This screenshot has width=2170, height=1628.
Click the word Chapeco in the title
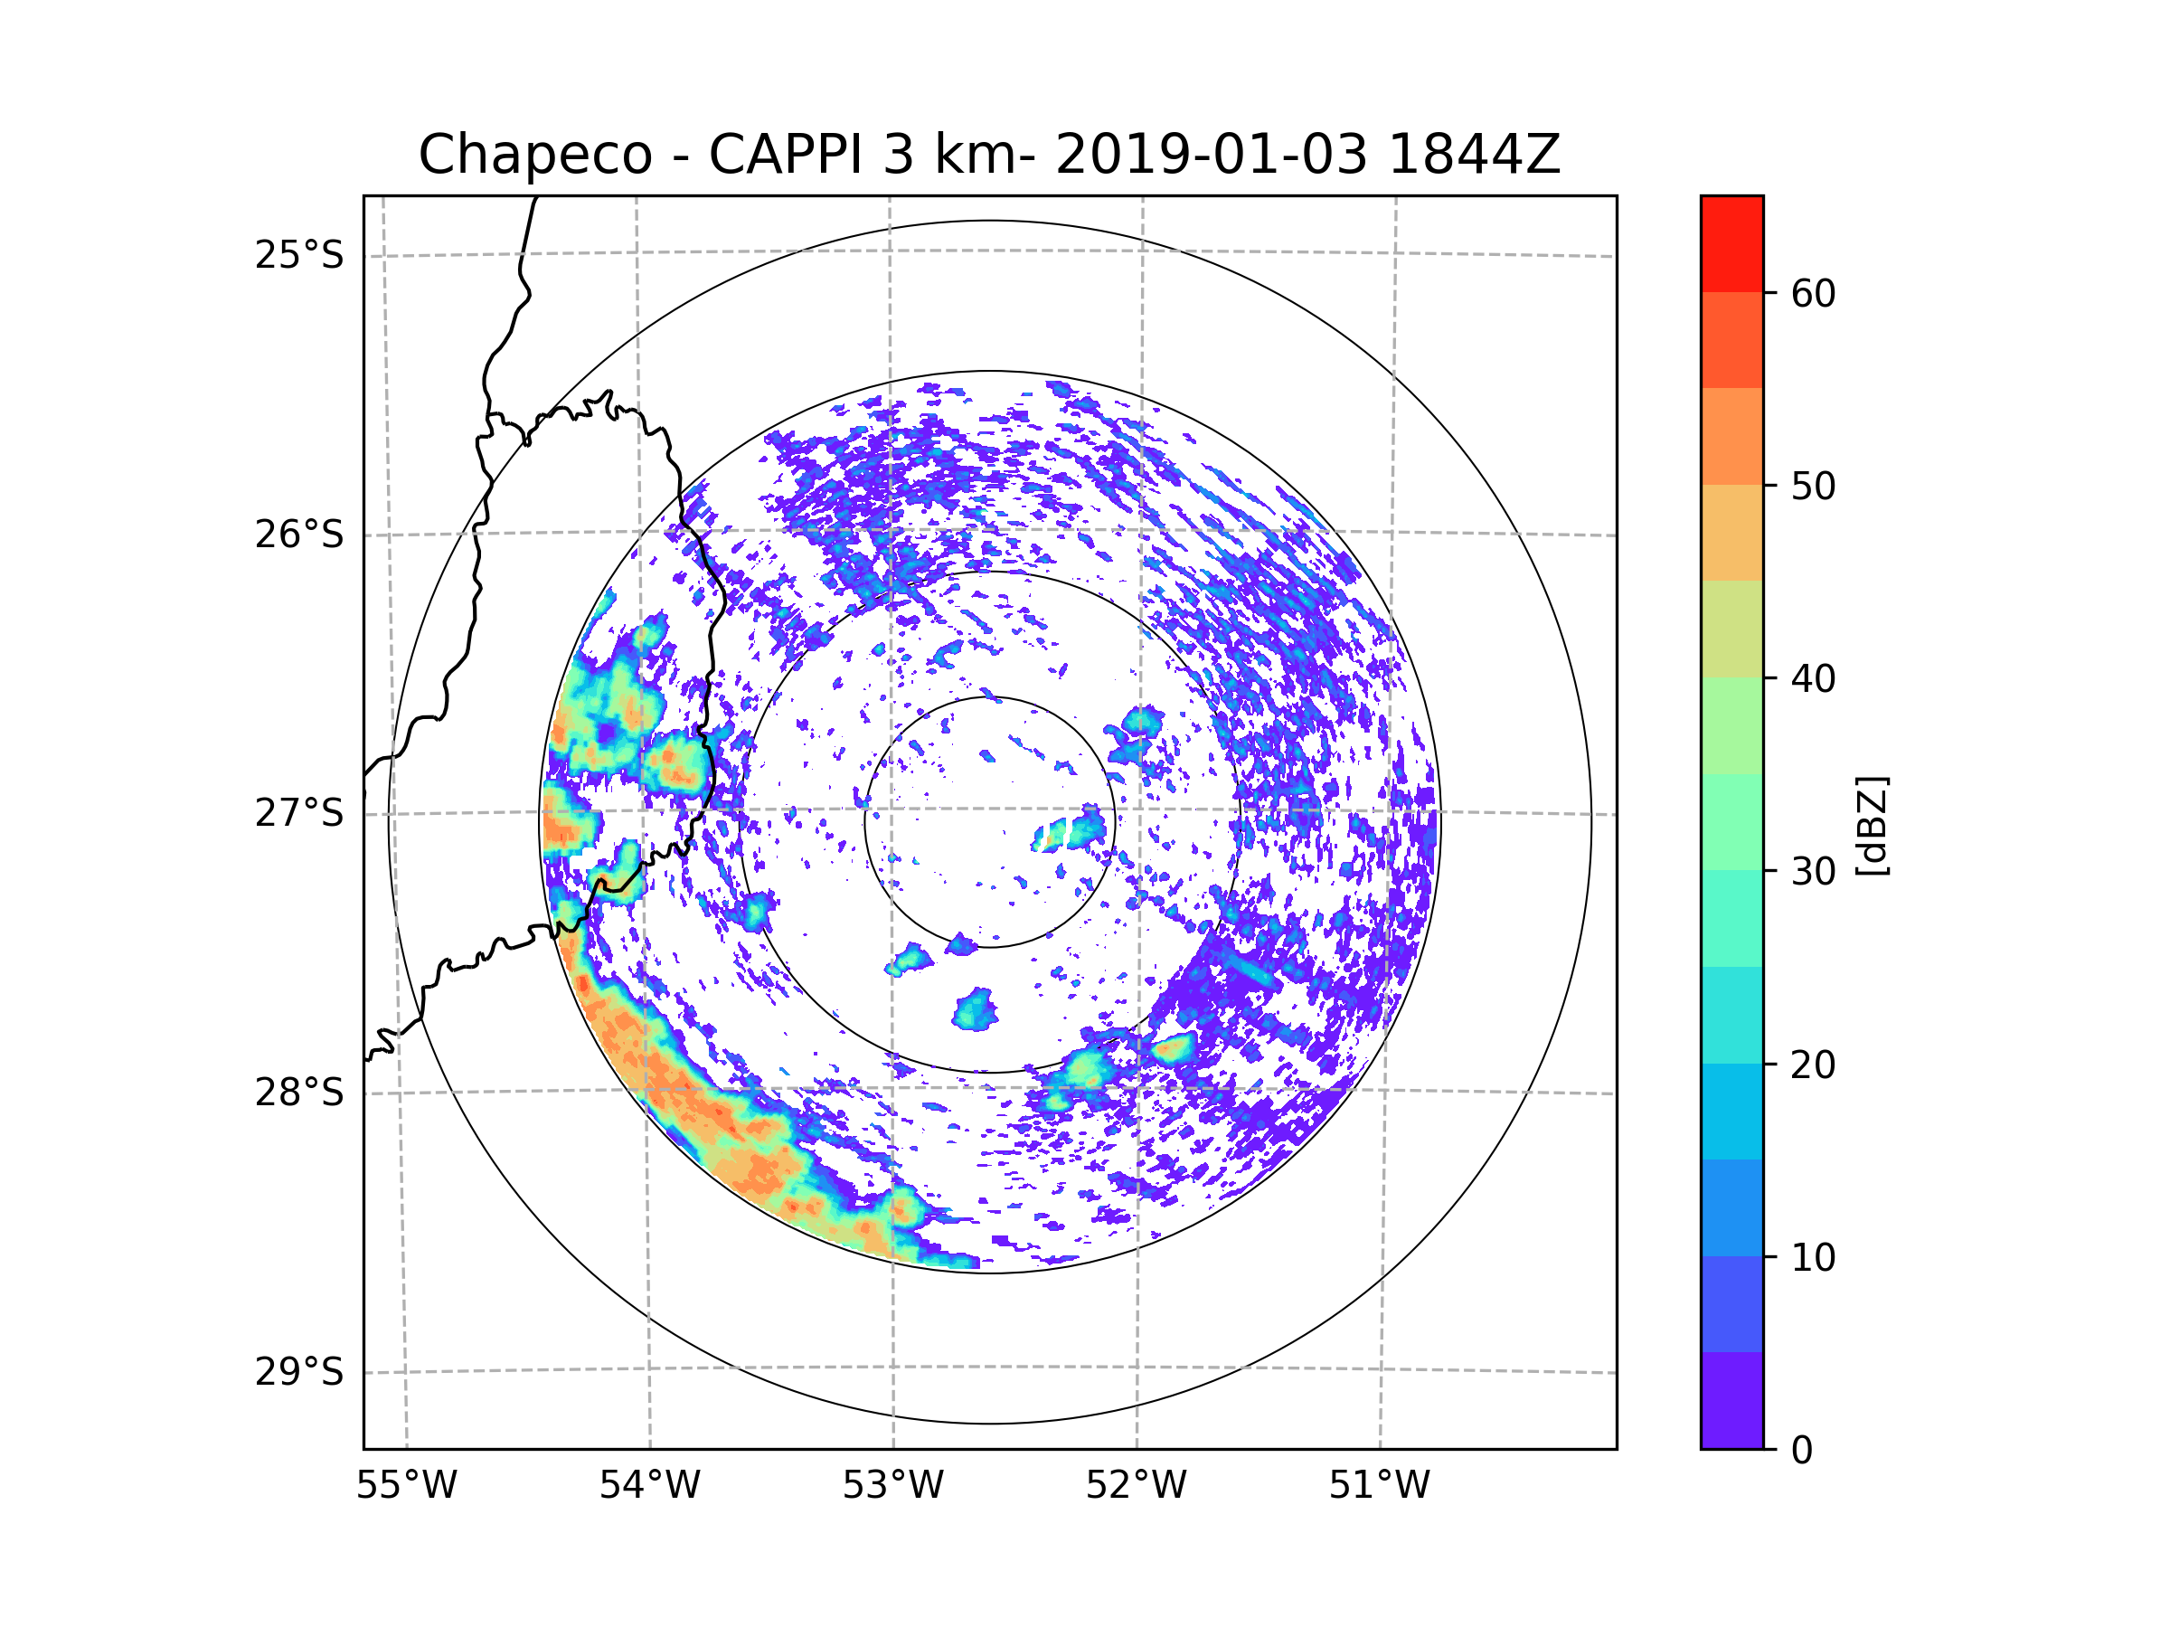click(534, 155)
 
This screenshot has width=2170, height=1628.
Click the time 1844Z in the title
click(1474, 155)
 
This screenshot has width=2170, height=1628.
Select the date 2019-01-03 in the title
click(1211, 155)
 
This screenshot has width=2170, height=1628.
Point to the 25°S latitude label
click(299, 255)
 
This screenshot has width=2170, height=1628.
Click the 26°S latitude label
click(299, 535)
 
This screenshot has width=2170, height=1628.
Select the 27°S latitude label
click(299, 813)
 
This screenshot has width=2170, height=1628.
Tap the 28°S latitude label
click(299, 1093)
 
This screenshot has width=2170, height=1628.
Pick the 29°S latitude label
click(299, 1372)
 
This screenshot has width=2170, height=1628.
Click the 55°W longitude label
click(406, 1486)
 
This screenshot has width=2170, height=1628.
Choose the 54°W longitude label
click(649, 1486)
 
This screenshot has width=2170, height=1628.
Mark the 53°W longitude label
click(892, 1486)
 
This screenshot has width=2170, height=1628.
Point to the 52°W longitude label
click(1136, 1486)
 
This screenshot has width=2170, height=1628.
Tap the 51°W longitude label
click(1379, 1486)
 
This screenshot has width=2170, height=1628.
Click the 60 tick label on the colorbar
click(1813, 293)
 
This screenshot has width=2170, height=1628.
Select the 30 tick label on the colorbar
click(1813, 871)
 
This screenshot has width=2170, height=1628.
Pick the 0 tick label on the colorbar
click(1802, 1451)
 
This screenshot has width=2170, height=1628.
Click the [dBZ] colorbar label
click(1872, 825)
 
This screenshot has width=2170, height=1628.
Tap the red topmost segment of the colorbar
click(1731, 243)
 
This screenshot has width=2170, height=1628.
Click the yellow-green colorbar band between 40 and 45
click(1731, 629)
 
